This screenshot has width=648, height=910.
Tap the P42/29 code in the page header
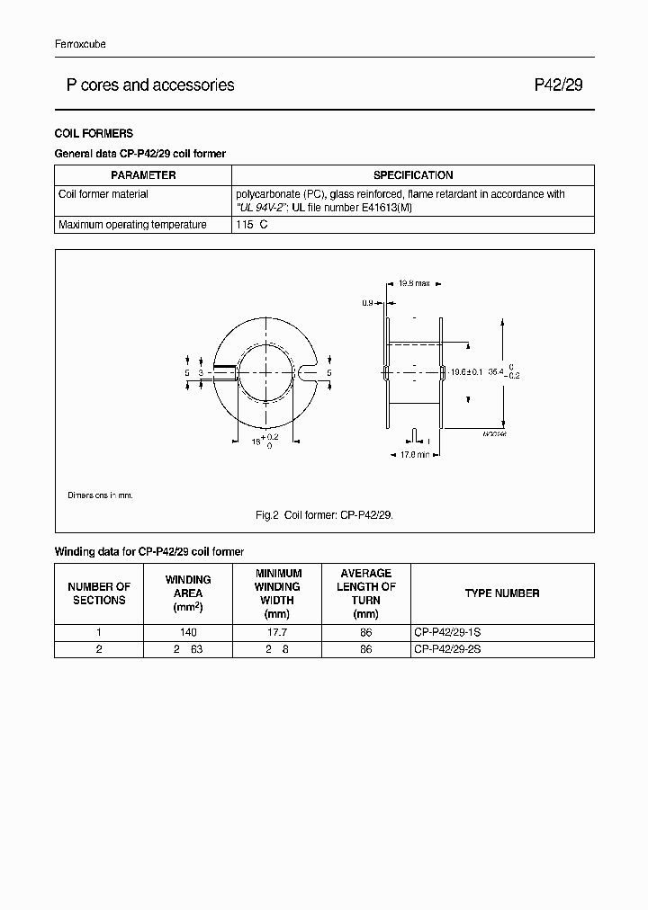click(558, 85)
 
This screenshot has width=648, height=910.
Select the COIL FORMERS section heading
click(94, 133)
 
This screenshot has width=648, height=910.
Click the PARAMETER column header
click(143, 175)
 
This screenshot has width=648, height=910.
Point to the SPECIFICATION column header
click(413, 175)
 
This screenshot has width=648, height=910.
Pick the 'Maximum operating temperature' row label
click(132, 225)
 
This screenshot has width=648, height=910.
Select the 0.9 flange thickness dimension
click(367, 303)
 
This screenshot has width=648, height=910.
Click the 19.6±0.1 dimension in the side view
click(466, 370)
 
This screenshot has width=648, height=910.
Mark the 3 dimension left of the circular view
click(201, 371)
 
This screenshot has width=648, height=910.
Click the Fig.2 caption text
click(324, 515)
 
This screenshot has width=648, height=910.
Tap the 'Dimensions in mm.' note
click(100, 495)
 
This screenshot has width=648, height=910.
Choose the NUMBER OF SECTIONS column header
click(99, 593)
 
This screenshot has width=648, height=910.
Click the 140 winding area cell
click(188, 632)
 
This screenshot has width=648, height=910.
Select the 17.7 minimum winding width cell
click(277, 632)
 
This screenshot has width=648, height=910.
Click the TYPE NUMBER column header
click(502, 593)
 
